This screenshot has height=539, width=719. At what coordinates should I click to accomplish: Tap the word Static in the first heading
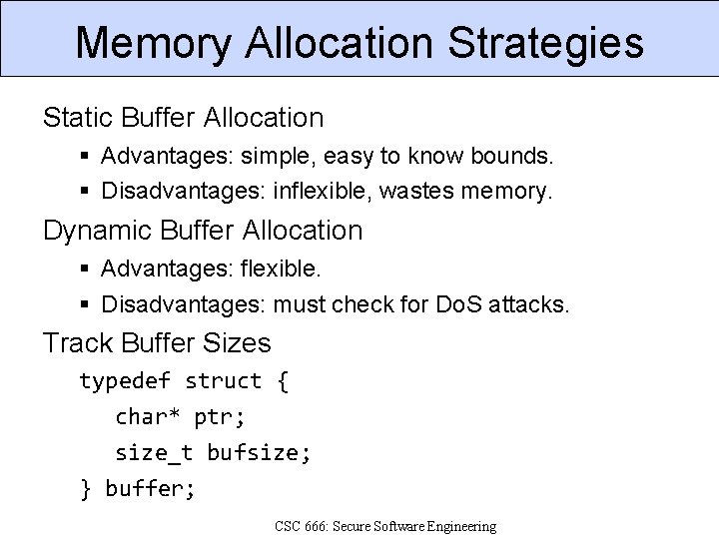click(75, 118)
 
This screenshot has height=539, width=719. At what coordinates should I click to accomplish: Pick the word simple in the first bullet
click(274, 157)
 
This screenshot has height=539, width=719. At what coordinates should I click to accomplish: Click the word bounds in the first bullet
click(508, 157)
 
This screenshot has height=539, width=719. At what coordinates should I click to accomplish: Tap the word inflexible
click(322, 190)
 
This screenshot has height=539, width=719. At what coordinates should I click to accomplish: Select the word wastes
click(419, 190)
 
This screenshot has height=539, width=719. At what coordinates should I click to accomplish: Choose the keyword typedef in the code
click(125, 381)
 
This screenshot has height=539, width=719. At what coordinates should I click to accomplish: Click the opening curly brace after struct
click(283, 381)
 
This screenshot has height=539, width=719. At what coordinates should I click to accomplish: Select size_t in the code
click(154, 453)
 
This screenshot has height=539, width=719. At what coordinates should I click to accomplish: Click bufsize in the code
click(258, 453)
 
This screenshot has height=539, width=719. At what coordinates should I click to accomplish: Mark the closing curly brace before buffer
click(86, 489)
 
